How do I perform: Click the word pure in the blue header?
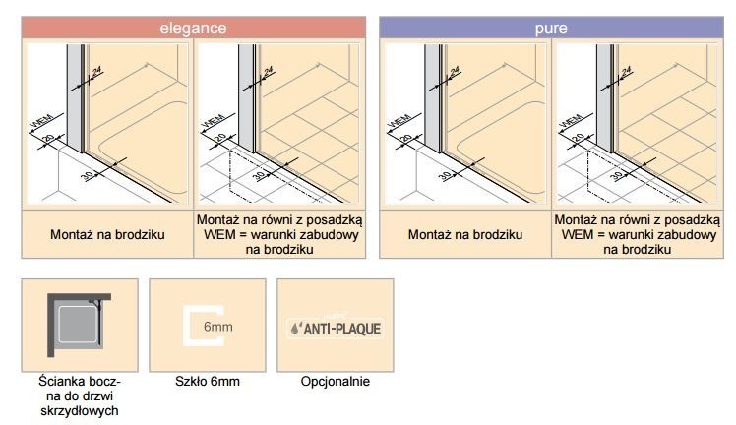[x=550, y=29]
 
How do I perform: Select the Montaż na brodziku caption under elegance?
[x=107, y=237]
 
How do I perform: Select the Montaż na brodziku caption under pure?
[x=464, y=237]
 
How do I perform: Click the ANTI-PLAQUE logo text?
[x=341, y=329]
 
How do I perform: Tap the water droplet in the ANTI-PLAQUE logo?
[x=296, y=330]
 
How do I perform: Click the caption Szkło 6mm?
[x=207, y=381]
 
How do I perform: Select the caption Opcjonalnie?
[x=335, y=381]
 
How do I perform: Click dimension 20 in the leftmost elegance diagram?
[x=47, y=140]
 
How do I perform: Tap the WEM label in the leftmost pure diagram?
[x=399, y=122]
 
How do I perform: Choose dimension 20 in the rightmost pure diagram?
[x=579, y=140]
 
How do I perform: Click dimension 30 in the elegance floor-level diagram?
[x=259, y=175]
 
